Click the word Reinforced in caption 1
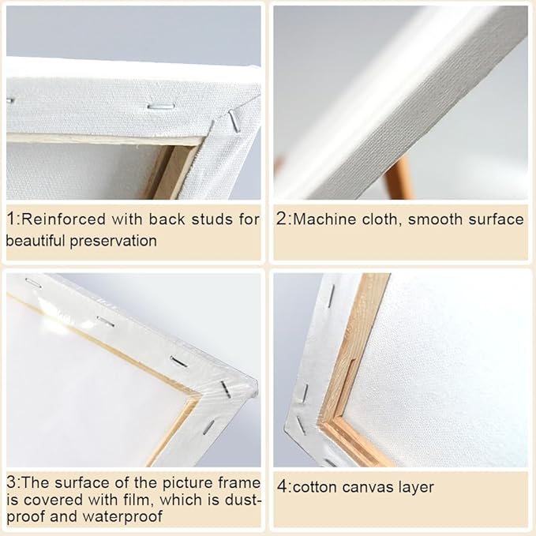64,219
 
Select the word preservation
113,242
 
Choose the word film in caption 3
140,500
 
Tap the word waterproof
122,517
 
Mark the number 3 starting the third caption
11,482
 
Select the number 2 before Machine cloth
281,219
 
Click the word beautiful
36,242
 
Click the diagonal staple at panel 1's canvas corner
234,120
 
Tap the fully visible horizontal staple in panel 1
161,107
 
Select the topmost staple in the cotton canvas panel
332,296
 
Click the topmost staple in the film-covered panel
33,283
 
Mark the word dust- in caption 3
243,500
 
